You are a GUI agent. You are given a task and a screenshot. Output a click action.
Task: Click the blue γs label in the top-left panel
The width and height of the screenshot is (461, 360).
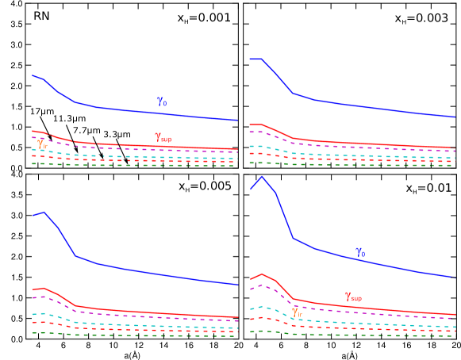[161, 101]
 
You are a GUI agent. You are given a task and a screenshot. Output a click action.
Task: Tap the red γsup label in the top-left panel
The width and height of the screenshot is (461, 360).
[163, 138]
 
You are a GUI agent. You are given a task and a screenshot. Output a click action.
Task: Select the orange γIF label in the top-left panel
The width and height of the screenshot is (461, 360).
[42, 144]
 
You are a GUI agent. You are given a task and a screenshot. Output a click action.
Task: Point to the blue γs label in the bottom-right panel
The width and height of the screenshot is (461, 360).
[360, 251]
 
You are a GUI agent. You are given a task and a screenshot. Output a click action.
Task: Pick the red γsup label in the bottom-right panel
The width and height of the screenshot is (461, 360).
[353, 297]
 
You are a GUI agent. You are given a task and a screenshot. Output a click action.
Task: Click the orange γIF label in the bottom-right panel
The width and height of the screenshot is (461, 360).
[297, 312]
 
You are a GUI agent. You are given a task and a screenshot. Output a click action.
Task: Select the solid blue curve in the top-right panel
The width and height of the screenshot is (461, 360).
[373, 107]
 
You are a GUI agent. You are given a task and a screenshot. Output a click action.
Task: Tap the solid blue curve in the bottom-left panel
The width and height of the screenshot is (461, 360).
[159, 272]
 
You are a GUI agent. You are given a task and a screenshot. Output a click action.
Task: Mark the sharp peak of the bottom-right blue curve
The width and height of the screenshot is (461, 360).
[261, 176]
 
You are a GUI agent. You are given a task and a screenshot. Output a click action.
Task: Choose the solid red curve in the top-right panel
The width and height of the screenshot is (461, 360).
[373, 144]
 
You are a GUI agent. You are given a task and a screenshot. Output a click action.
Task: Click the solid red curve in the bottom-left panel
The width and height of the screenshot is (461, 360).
[159, 312]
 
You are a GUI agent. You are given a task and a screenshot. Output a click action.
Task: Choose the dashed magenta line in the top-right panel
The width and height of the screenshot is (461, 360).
[373, 148]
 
